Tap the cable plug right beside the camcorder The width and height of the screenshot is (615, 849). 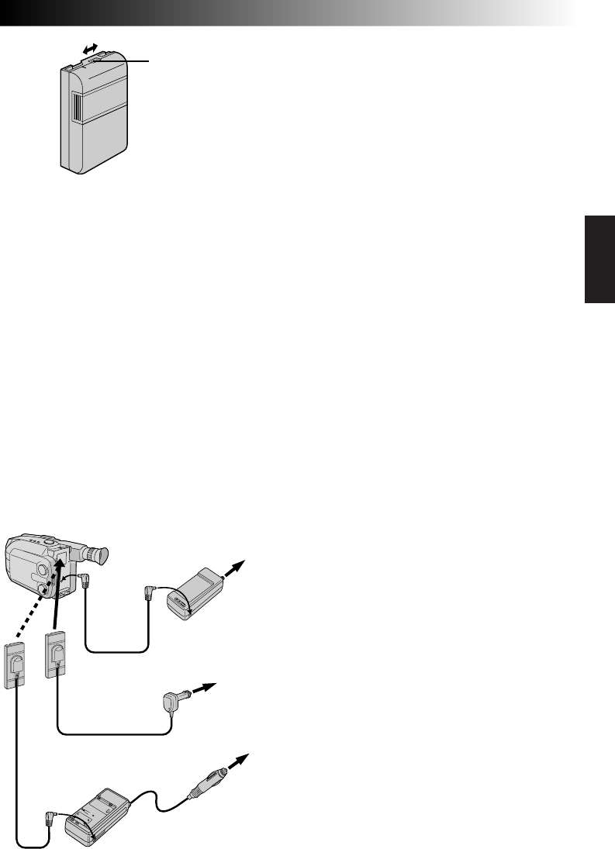[85, 581]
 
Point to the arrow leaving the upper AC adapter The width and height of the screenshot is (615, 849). [236, 569]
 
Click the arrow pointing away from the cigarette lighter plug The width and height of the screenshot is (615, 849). [240, 761]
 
